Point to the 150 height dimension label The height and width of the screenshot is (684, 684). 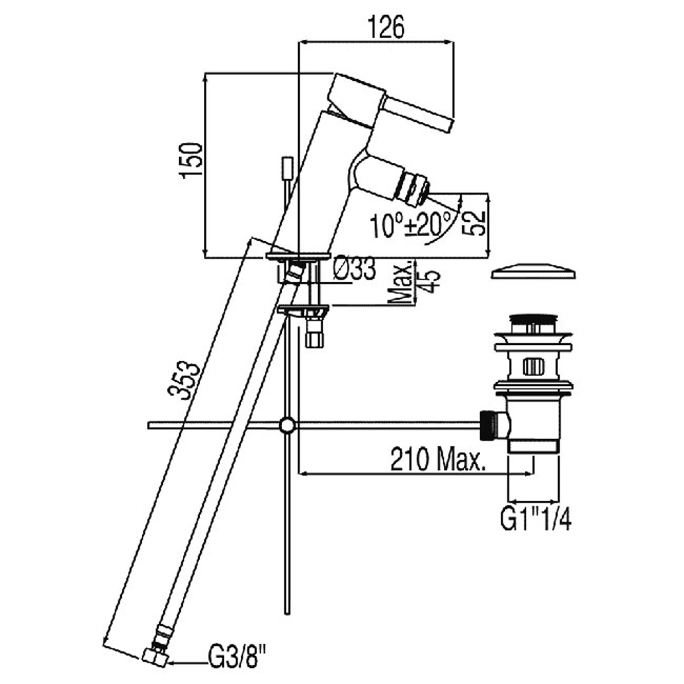point(192,161)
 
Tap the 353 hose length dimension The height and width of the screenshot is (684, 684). point(184,380)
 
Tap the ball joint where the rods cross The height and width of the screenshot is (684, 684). point(287,425)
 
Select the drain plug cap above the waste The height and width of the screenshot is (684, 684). point(533,272)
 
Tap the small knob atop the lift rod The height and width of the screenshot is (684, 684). point(287,168)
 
